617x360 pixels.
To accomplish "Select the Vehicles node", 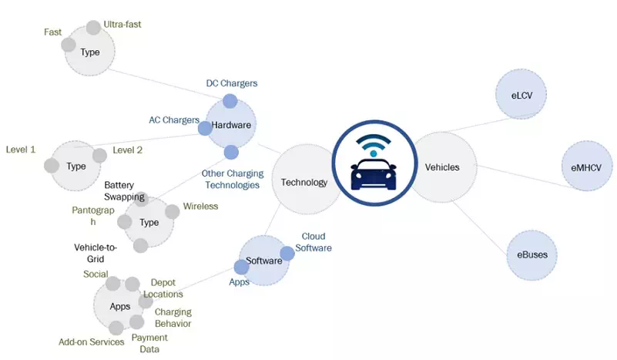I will pyautogui.click(x=442, y=167).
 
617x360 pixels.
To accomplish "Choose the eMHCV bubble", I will pyautogui.click(x=589, y=166).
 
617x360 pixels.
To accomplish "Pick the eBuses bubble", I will pyautogui.click(x=532, y=255).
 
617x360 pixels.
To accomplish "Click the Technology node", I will pyautogui.click(x=305, y=182).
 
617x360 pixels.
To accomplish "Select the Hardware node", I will pyautogui.click(x=231, y=124).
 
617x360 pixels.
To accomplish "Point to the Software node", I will pyautogui.click(x=263, y=261).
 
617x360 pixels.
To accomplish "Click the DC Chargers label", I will pyautogui.click(x=232, y=82).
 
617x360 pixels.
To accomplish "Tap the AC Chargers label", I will pyautogui.click(x=174, y=120).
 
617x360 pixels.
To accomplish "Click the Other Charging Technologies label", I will pyautogui.click(x=230, y=179).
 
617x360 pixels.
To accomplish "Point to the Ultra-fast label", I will pyautogui.click(x=122, y=25).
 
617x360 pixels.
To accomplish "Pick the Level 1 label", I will pyautogui.click(x=21, y=149).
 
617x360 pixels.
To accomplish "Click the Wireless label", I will pyautogui.click(x=200, y=206).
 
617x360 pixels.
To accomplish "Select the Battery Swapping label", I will pyautogui.click(x=125, y=191).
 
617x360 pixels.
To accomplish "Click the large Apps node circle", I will pyautogui.click(x=119, y=306).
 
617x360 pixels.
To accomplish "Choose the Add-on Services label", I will pyautogui.click(x=92, y=341).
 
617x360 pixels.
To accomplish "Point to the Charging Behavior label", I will pyautogui.click(x=173, y=318).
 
